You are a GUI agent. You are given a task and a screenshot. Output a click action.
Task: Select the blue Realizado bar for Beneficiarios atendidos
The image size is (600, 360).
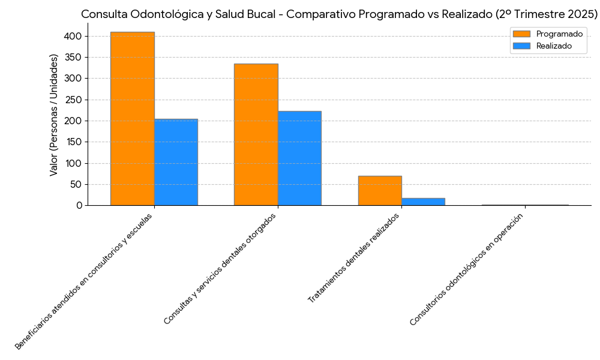(x=176, y=162)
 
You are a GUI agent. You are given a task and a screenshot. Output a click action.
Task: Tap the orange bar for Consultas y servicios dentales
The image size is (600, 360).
(x=256, y=134)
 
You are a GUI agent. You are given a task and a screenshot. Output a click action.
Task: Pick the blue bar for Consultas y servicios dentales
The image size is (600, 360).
(x=299, y=158)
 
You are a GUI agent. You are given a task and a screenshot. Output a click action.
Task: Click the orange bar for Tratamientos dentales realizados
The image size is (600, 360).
(x=380, y=191)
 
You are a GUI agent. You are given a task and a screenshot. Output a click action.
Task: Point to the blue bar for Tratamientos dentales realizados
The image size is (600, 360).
(x=423, y=202)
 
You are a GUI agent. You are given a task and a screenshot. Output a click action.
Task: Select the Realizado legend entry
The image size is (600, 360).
(x=554, y=46)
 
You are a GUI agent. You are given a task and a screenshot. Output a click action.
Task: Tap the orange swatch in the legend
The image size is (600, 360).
(x=522, y=34)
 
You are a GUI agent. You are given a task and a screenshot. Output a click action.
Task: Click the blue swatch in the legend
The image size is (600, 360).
(x=522, y=46)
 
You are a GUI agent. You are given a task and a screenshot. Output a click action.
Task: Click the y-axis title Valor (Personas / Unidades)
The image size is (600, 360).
(x=54, y=115)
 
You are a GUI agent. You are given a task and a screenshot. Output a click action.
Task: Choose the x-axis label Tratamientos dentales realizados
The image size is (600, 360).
(x=353, y=258)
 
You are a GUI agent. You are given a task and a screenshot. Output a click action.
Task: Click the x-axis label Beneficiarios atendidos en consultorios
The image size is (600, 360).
(x=83, y=281)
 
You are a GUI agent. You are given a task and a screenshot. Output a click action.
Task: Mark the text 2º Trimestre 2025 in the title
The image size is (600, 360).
(x=551, y=14)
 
